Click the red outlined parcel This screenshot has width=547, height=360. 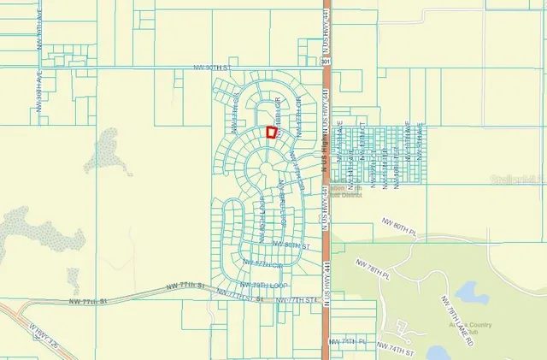[x=271, y=133]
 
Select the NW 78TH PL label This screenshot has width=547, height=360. [x=374, y=276]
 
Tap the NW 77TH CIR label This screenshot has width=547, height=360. [x=261, y=263]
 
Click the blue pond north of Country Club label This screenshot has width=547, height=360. [x=470, y=294]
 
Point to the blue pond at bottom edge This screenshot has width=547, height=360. [x=437, y=352]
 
